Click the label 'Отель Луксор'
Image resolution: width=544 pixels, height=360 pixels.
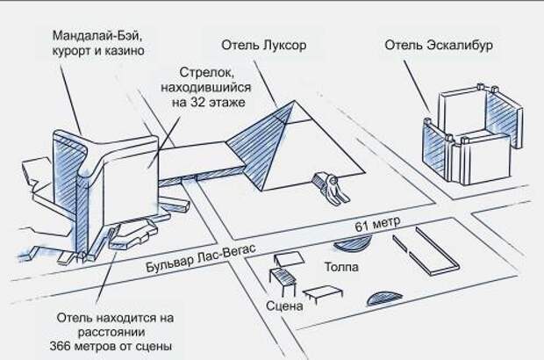click(x=263, y=45)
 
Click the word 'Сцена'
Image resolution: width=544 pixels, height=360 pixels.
click(x=284, y=306)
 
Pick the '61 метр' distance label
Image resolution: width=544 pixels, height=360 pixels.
click(x=376, y=227)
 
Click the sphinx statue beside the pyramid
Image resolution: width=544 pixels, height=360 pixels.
click(x=330, y=187)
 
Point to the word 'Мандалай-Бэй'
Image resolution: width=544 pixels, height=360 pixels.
click(x=96, y=37)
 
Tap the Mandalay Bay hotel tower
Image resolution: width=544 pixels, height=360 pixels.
click(x=114, y=176)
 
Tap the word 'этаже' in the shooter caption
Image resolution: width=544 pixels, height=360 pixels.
click(x=233, y=102)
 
